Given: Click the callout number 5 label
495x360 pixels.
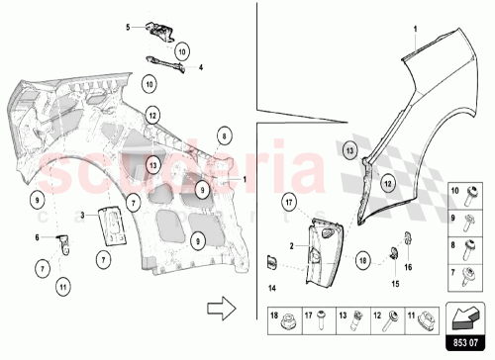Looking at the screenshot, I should (128, 28).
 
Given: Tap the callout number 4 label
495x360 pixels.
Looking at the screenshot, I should (200, 68).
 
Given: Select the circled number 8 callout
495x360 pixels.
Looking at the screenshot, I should (225, 135).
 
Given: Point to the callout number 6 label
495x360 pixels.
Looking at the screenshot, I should (38, 237).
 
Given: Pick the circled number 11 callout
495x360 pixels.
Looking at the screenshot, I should (61, 288).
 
